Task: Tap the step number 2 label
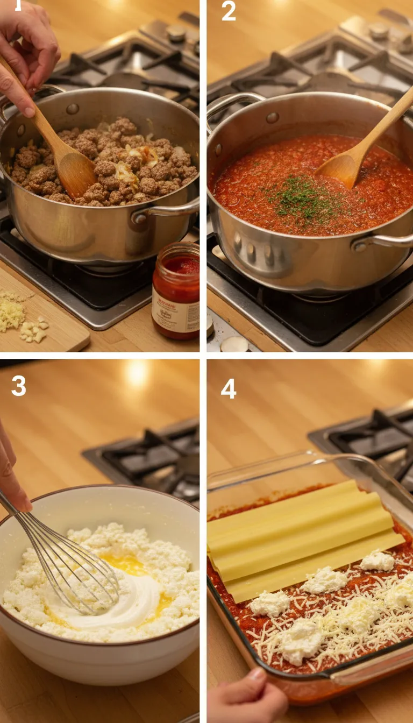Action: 229,11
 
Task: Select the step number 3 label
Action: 18,386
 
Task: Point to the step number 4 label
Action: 229,388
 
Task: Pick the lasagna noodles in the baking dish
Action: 301,538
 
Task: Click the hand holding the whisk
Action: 11,473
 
